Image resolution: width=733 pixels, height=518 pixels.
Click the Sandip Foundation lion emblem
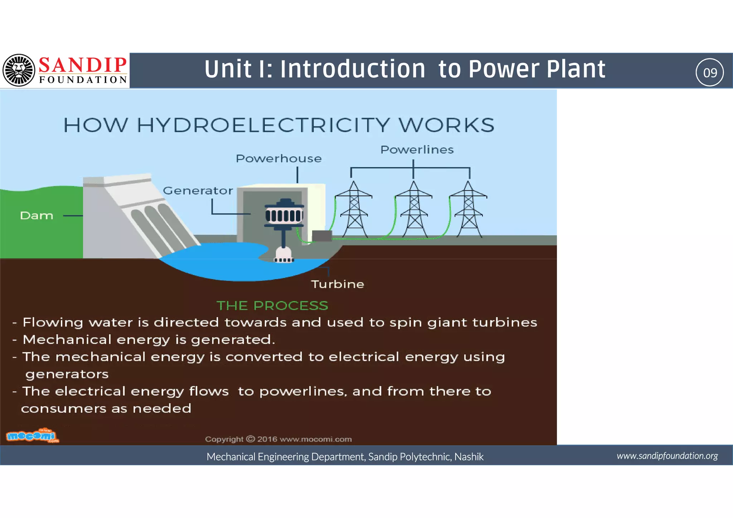point(19,70)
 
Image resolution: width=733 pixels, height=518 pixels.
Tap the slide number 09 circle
point(709,72)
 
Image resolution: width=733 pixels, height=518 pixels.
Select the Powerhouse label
point(278,159)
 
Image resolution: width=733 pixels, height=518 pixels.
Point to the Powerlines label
point(417,150)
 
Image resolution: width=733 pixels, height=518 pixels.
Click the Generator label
point(198,190)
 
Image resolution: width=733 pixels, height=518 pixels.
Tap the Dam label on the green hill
point(37,216)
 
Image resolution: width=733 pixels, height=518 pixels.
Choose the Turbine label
point(338,284)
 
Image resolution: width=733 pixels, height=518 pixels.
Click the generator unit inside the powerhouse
point(284,215)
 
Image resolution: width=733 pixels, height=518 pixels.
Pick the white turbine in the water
point(284,255)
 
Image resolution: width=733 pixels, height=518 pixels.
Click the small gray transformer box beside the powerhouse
point(322,236)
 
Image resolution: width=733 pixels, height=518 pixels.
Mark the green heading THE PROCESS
point(272,305)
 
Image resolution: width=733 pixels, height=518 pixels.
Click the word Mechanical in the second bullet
point(67,339)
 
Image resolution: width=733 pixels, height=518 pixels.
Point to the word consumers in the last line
point(63,408)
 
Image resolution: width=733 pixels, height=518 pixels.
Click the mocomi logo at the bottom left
point(32,436)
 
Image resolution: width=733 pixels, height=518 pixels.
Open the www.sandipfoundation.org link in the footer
point(667,456)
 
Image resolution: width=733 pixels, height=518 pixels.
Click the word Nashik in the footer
point(469,457)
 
